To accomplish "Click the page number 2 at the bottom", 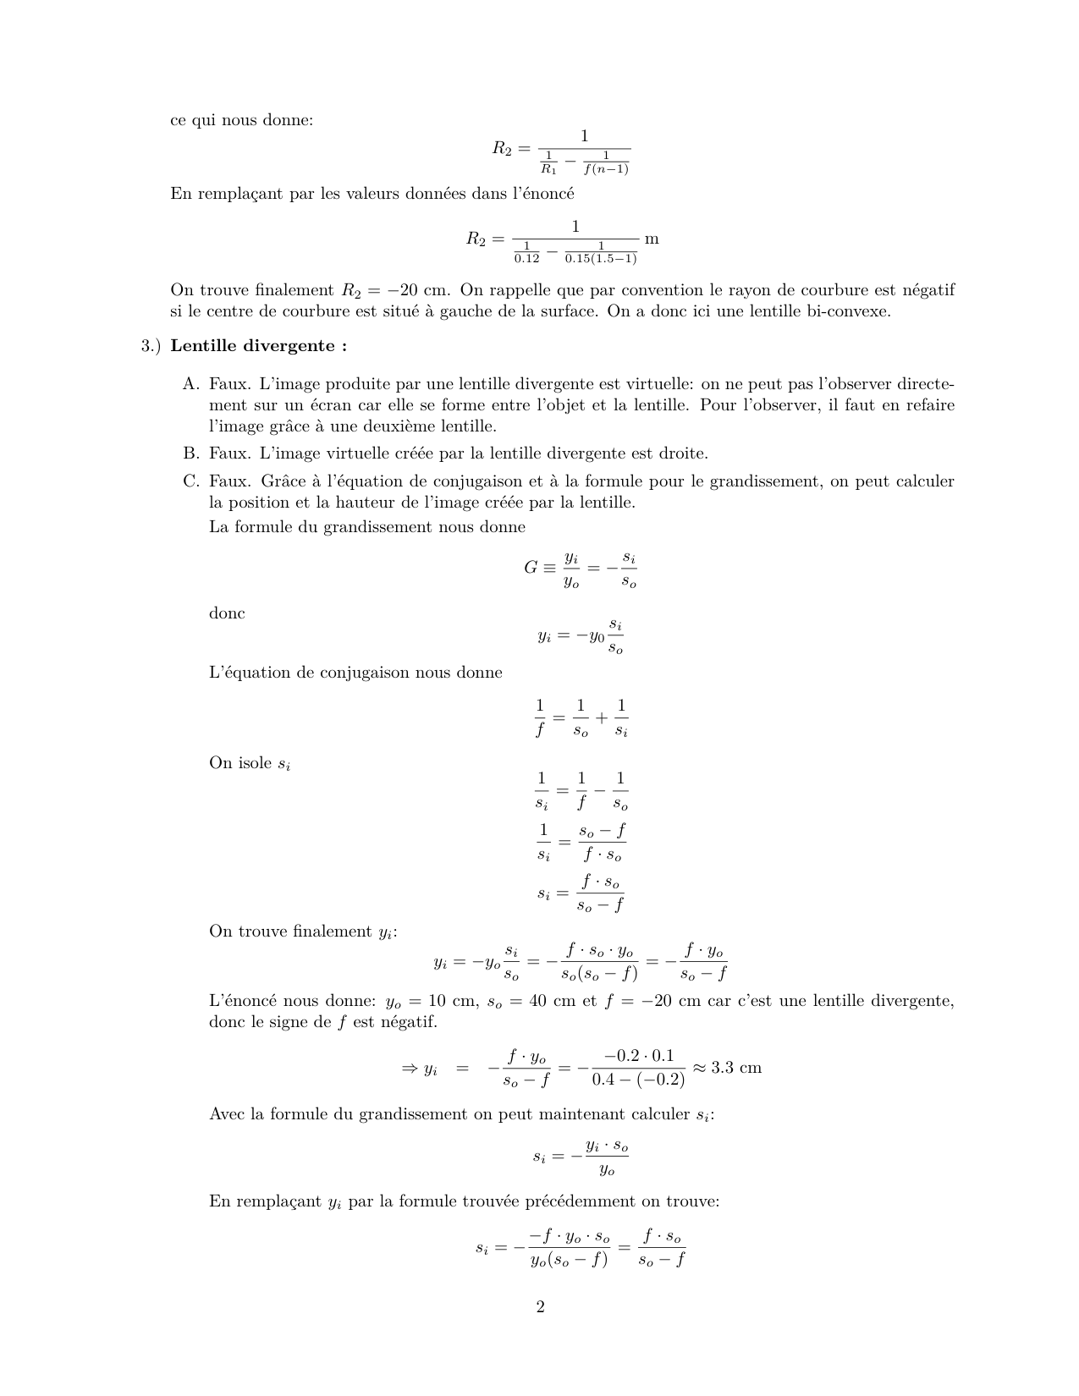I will (540, 1307).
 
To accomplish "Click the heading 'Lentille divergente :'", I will (259, 346).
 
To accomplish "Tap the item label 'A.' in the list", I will (191, 384).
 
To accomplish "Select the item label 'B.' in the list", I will (191, 453).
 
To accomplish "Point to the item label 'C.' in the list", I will (191, 481).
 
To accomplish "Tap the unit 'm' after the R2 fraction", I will (651, 239).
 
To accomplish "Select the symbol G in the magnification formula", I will (531, 568).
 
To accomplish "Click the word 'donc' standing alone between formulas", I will (227, 613).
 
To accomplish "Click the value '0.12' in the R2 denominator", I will (526, 258).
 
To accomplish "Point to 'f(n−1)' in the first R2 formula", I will (606, 168).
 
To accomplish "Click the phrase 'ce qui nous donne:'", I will (241, 120).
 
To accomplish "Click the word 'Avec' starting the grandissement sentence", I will (228, 1114).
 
